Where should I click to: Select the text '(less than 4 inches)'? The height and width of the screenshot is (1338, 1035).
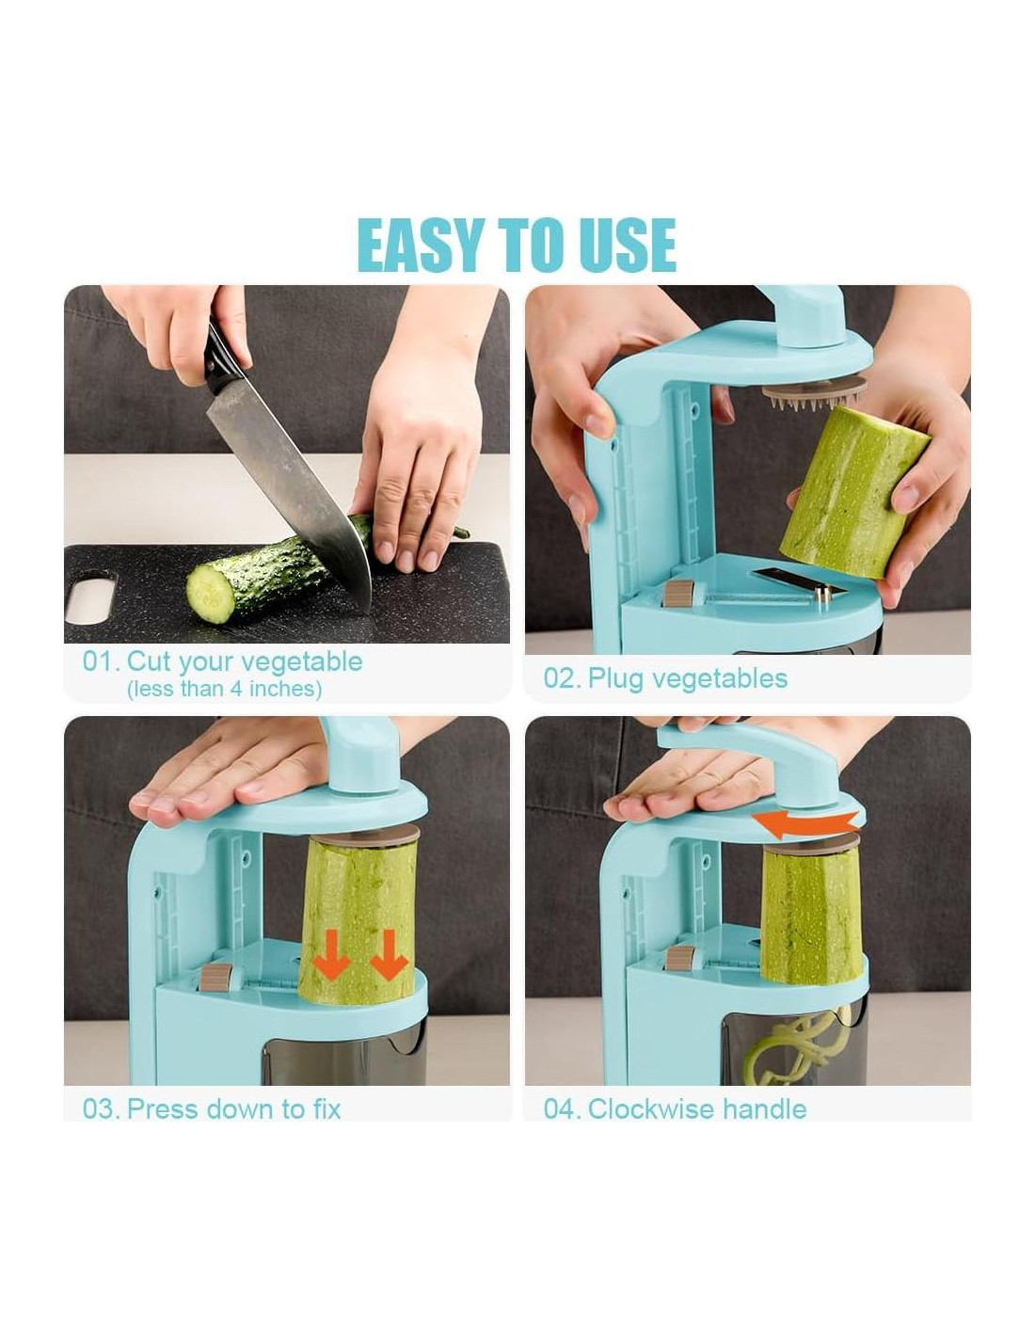coord(224,689)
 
